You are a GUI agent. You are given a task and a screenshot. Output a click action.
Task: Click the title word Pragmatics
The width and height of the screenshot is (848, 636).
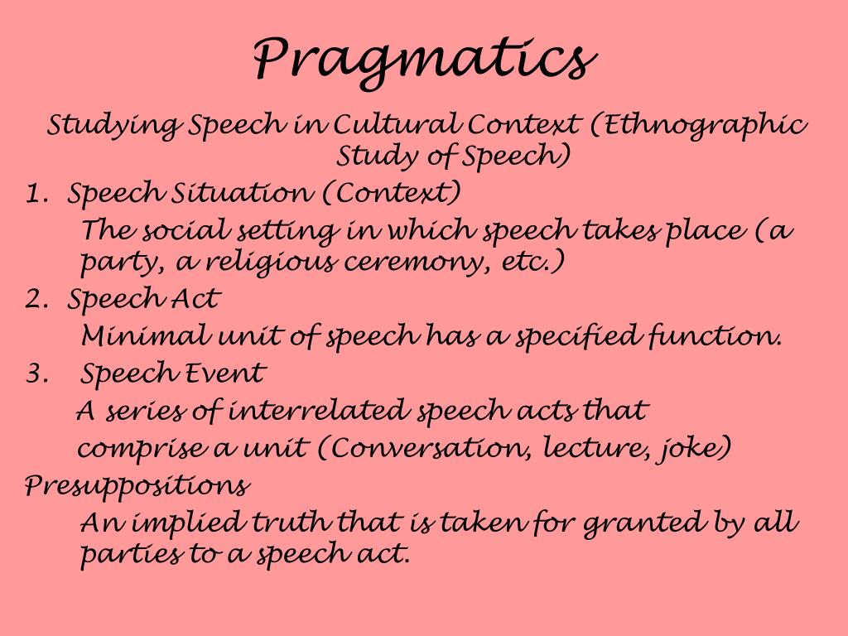425,60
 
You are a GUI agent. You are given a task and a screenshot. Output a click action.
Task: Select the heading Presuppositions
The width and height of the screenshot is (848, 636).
137,486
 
